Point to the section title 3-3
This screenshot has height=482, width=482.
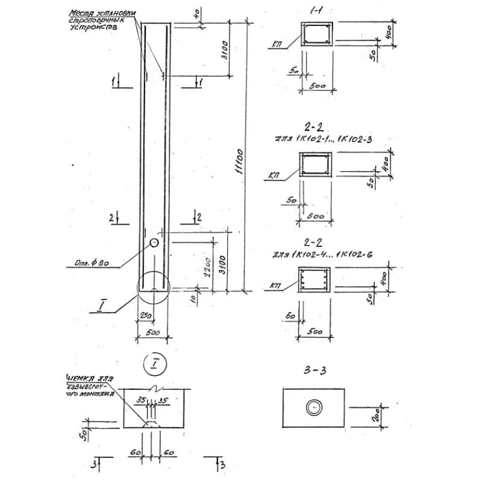pyautogui.click(x=314, y=371)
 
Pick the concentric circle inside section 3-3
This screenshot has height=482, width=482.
pyautogui.click(x=314, y=408)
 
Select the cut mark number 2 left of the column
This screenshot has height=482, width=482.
pyautogui.click(x=112, y=218)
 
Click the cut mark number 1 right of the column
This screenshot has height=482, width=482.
pyautogui.click(x=200, y=81)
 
